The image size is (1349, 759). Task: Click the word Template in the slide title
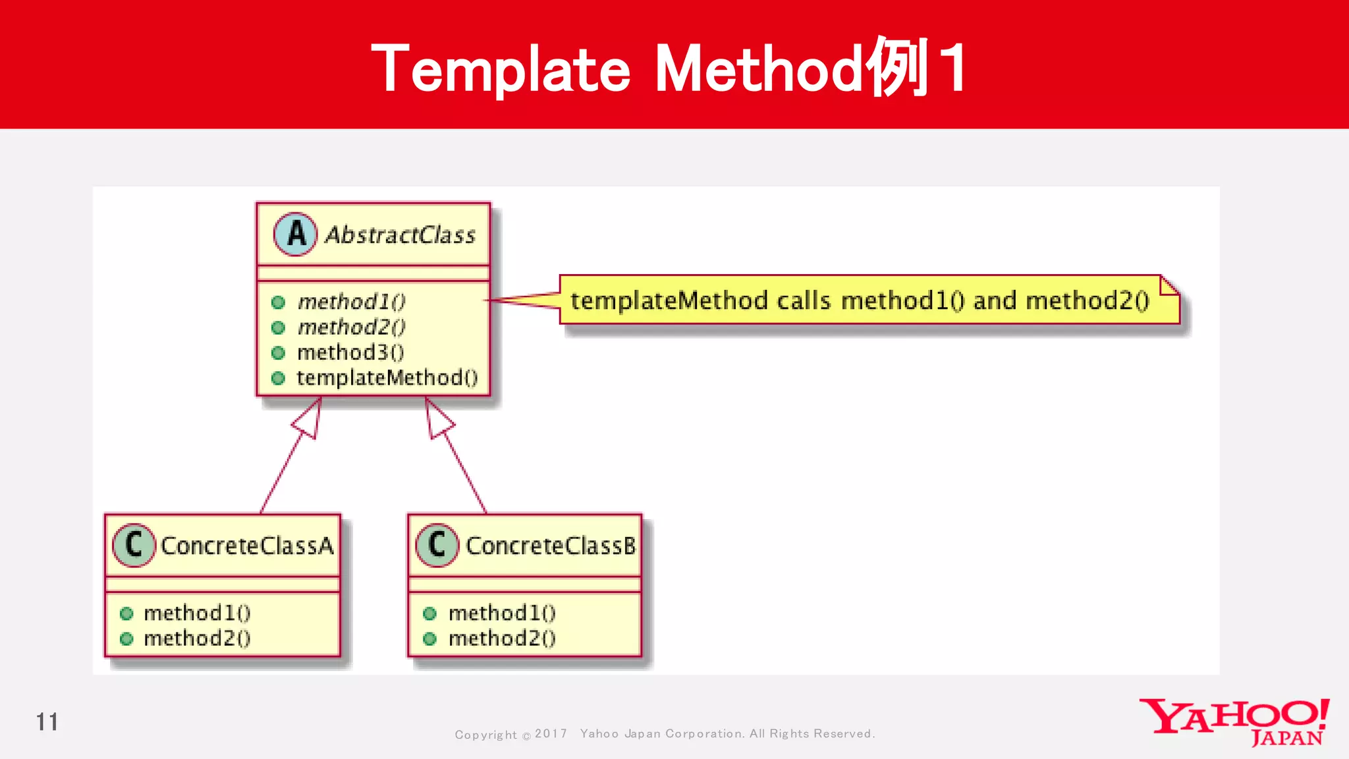click(x=501, y=69)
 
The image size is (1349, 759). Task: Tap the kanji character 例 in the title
click(x=897, y=67)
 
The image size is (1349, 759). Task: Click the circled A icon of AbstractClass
click(x=296, y=234)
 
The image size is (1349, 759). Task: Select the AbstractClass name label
click(x=400, y=235)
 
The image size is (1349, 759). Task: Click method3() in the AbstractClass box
click(x=350, y=352)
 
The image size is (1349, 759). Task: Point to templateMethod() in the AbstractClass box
click(x=387, y=378)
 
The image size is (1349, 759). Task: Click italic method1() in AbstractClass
click(x=351, y=302)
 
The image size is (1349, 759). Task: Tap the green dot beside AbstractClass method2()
click(x=278, y=327)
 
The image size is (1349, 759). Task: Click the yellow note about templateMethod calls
click(x=859, y=300)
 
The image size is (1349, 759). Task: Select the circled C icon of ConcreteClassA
click(x=134, y=545)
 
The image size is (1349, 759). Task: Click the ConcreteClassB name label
click(x=551, y=546)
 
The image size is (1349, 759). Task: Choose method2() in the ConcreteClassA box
click(x=197, y=638)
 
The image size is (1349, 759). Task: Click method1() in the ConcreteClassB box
click(x=502, y=613)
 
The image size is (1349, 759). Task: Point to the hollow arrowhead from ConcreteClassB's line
click(x=437, y=419)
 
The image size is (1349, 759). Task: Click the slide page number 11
click(x=47, y=722)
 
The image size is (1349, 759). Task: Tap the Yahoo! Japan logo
click(x=1234, y=722)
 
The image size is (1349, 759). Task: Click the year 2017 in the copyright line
click(x=551, y=733)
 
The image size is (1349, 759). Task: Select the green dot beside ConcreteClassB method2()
click(x=429, y=638)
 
